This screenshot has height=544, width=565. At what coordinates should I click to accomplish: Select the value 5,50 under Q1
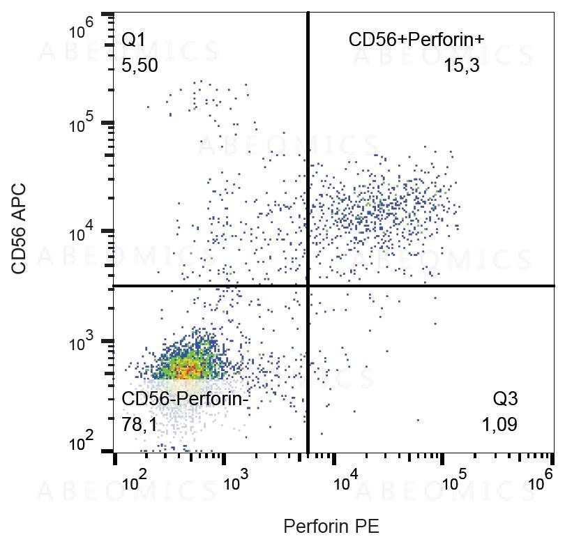[x=140, y=66]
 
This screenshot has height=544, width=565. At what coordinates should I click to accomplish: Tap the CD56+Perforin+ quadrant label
[x=416, y=40]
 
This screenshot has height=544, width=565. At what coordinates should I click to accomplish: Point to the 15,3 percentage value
[x=461, y=66]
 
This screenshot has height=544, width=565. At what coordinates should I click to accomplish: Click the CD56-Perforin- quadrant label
[x=185, y=400]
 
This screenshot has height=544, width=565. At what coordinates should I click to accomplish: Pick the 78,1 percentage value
[x=140, y=424]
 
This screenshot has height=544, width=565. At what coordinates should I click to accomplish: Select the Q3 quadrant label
[x=505, y=400]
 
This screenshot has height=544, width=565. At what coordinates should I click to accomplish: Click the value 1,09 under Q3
[x=499, y=424]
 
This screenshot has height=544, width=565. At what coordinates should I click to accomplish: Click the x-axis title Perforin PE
[x=331, y=525]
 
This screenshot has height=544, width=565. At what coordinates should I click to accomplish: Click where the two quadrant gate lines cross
[x=308, y=286]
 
